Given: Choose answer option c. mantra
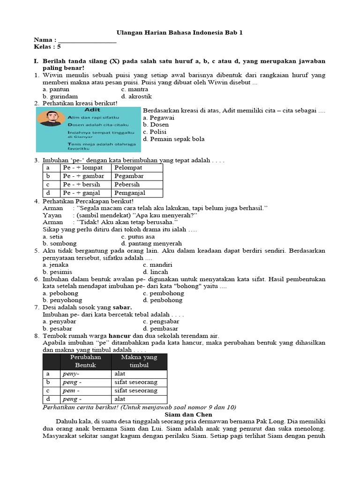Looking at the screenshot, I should (x=135, y=89).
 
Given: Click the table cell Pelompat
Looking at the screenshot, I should (x=128, y=167).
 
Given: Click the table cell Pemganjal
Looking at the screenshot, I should (x=130, y=193).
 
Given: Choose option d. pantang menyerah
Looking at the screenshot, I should (x=151, y=243).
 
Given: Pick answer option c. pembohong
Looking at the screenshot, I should (x=164, y=293).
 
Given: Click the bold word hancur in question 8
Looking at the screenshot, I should (x=119, y=336).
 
